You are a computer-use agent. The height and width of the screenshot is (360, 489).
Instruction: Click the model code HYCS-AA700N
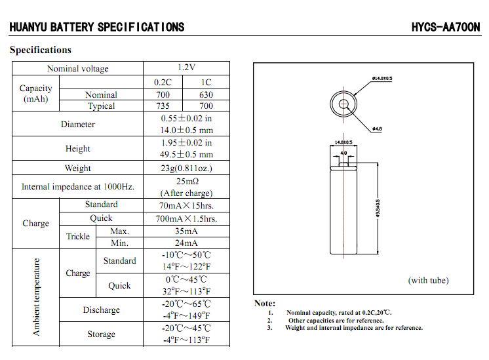pos(446,27)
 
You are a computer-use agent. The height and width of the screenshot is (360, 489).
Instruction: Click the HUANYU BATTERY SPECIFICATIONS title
pos(97,27)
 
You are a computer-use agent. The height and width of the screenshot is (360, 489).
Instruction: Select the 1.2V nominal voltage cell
pos(187,68)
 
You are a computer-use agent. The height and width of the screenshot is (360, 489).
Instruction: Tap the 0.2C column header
pos(163,82)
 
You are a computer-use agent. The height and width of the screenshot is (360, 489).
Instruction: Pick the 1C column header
pos(206,82)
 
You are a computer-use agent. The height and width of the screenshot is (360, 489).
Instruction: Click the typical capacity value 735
pos(163,106)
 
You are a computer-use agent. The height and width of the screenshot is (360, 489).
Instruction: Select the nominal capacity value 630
pos(206,94)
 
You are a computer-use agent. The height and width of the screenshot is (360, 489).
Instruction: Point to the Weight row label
pos(77,169)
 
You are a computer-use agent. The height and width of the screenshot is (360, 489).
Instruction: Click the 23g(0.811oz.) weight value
pos(187,169)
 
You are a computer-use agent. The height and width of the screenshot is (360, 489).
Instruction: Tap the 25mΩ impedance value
pos(187,181)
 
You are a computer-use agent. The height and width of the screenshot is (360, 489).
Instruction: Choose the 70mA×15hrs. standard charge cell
pos(187,205)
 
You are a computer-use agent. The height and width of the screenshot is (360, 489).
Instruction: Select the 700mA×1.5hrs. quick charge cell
pos(187,218)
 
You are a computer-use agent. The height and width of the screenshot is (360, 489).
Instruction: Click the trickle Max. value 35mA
pos(187,231)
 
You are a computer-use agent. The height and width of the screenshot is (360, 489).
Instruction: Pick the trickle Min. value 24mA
pos(187,243)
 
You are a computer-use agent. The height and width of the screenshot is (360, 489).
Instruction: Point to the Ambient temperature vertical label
pos(37,297)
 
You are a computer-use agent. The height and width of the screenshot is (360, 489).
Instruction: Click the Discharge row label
pos(101,310)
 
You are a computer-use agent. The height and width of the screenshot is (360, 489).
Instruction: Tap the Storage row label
pos(101,334)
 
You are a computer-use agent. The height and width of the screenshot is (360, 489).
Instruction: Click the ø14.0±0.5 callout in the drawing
pos(382,79)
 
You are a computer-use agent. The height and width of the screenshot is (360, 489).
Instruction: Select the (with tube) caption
pos(428,281)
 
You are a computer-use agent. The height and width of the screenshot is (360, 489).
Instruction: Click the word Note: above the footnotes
pos(265,304)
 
